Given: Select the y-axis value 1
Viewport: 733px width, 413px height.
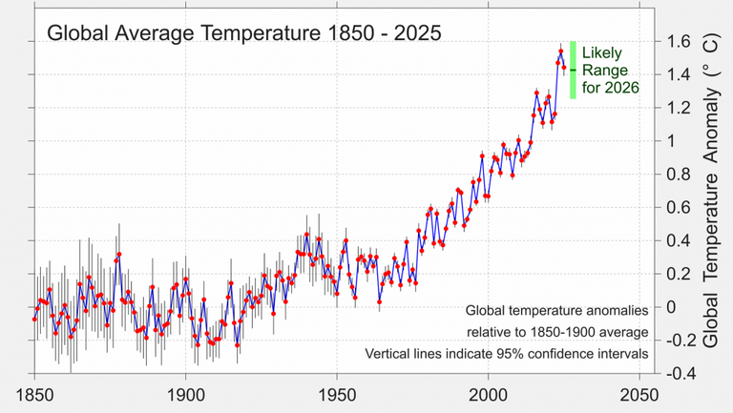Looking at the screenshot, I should point(673,141).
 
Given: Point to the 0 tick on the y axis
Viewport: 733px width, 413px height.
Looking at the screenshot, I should point(673,307).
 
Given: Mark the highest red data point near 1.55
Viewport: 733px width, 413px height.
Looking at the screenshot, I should point(561,51).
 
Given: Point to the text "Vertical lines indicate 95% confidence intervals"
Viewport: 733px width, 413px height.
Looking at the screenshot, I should point(507,354).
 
